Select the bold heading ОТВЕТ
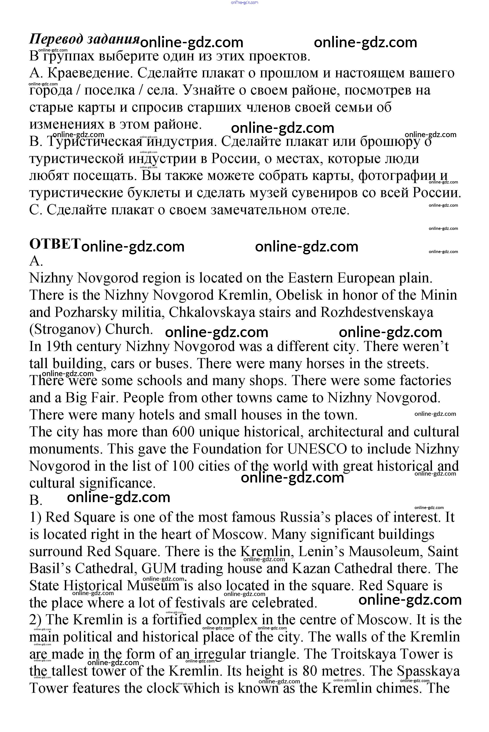click(55, 244)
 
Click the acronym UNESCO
click(316, 449)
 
